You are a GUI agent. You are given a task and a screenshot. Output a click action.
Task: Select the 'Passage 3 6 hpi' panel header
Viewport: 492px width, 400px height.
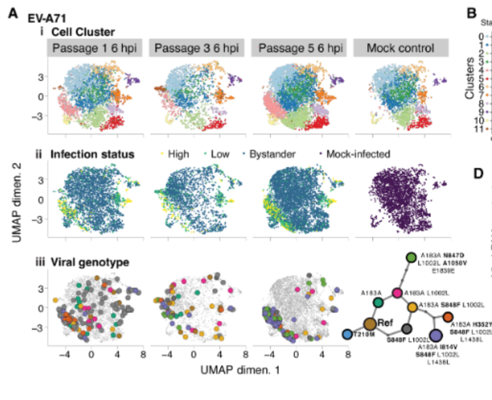coord(196,48)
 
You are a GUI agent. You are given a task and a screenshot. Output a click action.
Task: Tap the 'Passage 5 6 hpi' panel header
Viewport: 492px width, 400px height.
coord(299,48)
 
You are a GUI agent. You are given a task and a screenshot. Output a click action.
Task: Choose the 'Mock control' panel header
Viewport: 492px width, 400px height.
coord(400,48)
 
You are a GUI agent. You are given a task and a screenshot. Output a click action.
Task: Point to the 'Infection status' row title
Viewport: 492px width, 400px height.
coord(92,154)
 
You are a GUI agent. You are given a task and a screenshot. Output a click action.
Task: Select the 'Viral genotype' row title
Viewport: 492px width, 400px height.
coord(90,263)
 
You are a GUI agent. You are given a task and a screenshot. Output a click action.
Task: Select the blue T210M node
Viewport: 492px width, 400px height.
coord(348,335)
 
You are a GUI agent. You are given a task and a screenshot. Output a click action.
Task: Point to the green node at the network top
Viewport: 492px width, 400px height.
coord(411,257)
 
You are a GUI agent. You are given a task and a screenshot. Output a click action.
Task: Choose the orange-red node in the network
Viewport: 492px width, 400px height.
coord(448,317)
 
